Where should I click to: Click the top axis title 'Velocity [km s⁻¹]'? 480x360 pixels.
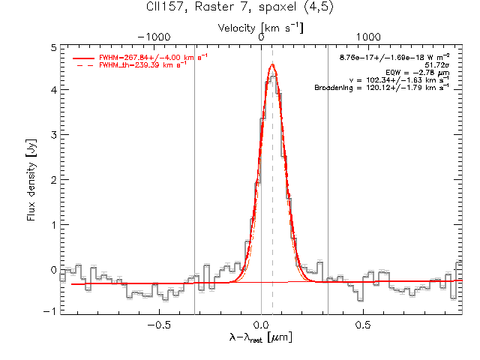[x=260, y=28]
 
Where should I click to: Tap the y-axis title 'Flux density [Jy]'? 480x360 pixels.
[x=31, y=180]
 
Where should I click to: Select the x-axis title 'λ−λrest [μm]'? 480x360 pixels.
[x=260, y=337]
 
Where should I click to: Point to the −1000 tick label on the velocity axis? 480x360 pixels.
[x=154, y=37]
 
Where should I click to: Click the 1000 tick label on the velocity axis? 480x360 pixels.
[x=368, y=37]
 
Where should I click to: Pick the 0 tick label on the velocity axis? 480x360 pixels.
[x=261, y=37]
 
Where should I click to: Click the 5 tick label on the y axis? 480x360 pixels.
[x=54, y=48]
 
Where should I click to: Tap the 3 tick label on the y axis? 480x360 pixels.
[x=54, y=135]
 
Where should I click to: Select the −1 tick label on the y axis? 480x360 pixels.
[x=50, y=311]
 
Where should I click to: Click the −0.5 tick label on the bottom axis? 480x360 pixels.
[x=159, y=325]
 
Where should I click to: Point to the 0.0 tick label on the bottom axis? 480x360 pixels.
[x=262, y=325]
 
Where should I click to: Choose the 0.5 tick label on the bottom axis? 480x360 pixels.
[x=363, y=325]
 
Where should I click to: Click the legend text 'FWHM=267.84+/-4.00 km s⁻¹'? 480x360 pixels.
[x=153, y=57]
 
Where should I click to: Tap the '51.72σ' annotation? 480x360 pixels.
[x=437, y=65]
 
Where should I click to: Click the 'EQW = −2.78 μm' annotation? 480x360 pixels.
[x=418, y=73]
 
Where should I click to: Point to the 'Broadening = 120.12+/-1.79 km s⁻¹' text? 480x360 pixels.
[x=382, y=88]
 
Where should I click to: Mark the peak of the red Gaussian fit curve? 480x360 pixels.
[x=272, y=64]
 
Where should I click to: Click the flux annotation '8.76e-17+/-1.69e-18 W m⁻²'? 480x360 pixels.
[x=394, y=57]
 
